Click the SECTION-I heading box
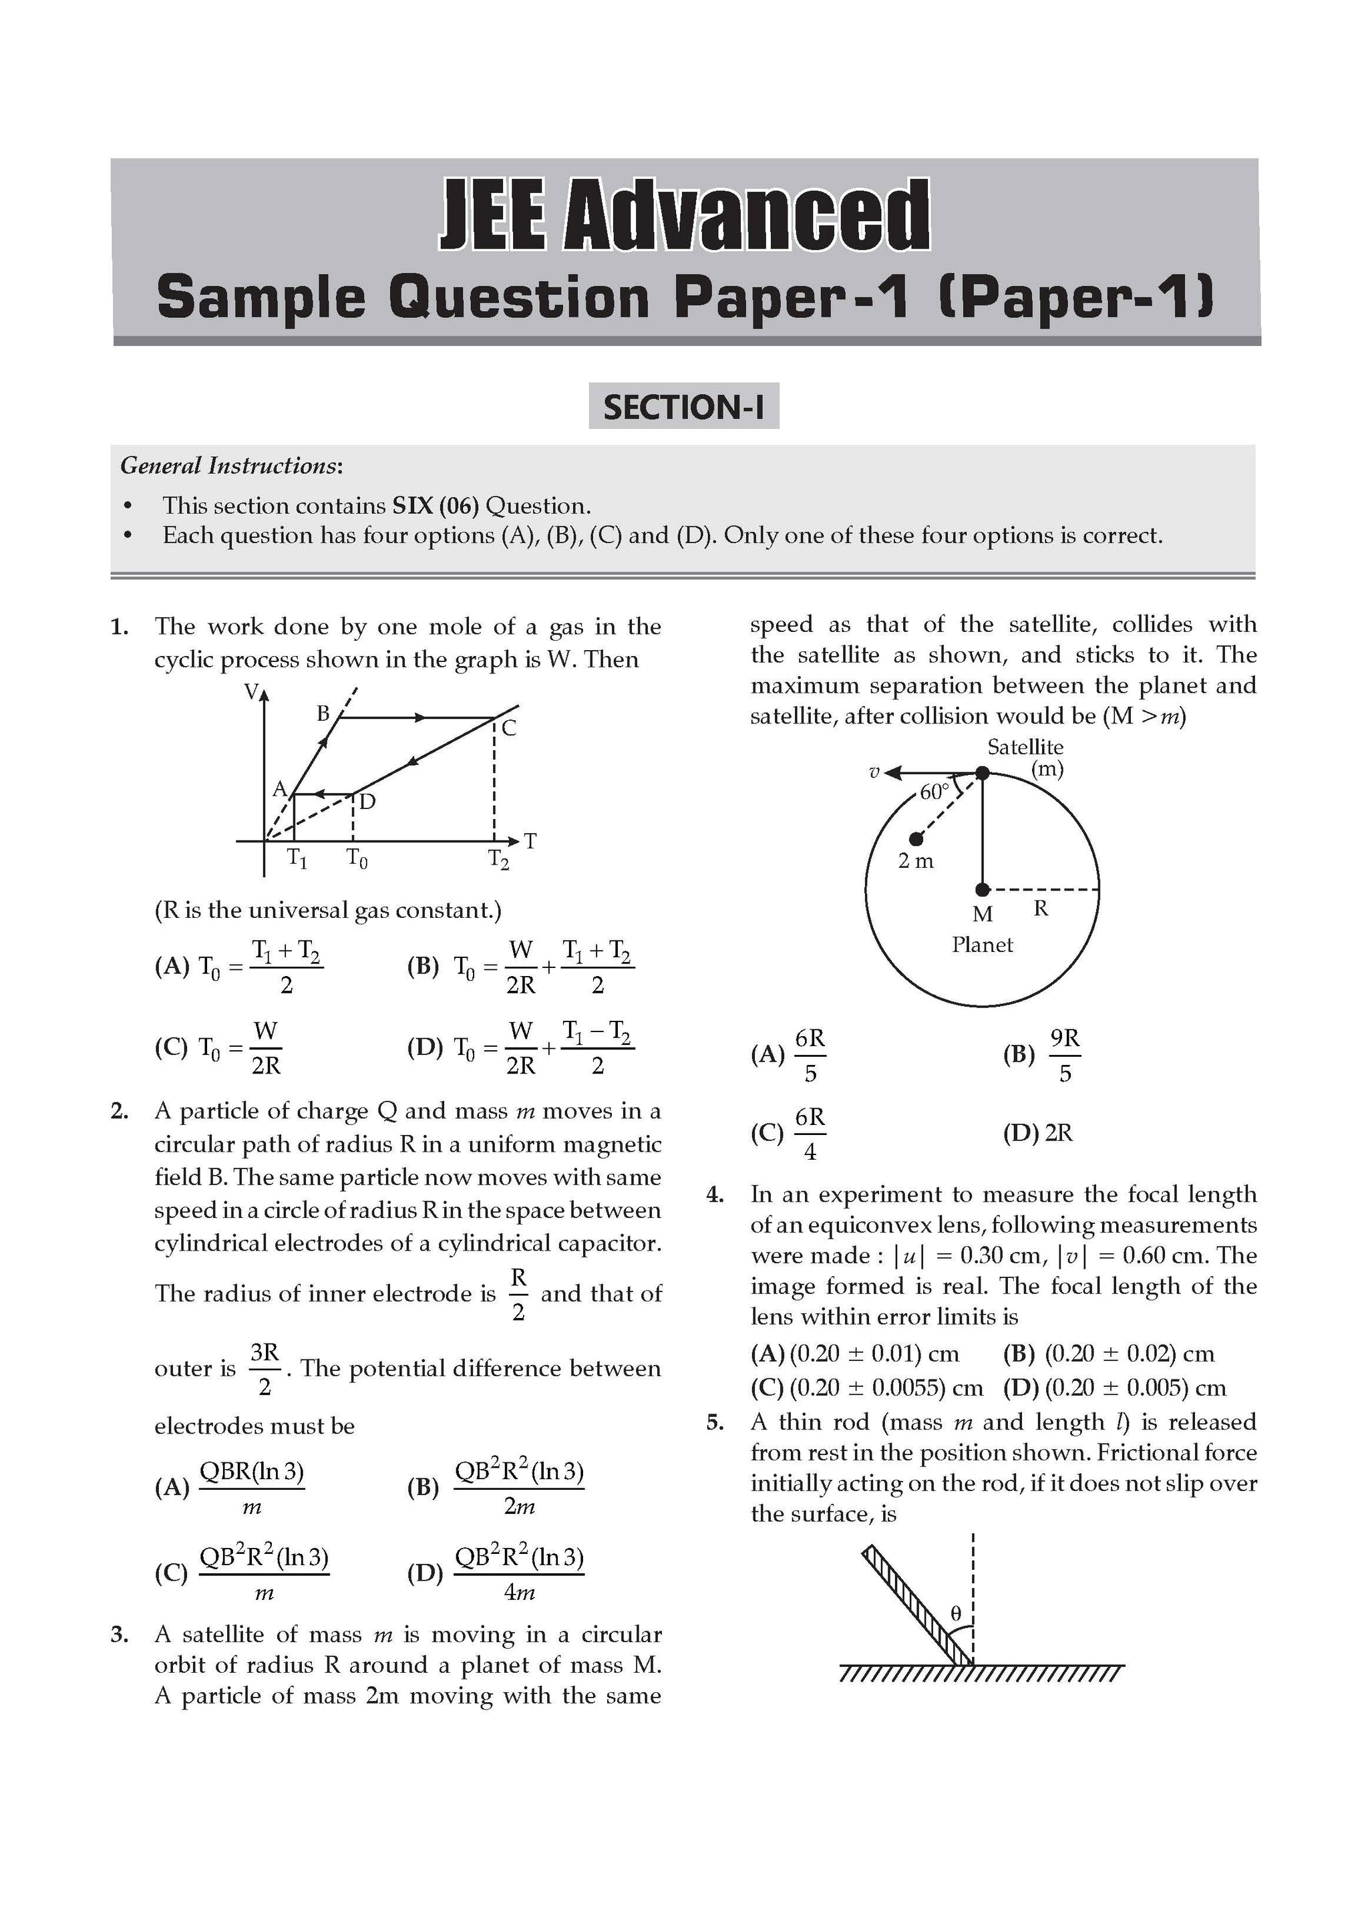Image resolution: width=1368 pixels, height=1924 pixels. pyautogui.click(x=683, y=407)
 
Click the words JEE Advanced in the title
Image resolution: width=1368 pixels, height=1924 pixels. pyautogui.click(x=683, y=215)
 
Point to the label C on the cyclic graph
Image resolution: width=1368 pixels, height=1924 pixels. pyautogui.click(x=509, y=729)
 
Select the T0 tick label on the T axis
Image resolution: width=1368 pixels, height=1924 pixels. pyautogui.click(x=357, y=858)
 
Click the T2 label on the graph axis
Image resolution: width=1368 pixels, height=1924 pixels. pyautogui.click(x=499, y=859)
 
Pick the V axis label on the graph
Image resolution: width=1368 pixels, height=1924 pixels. pyautogui.click(x=251, y=692)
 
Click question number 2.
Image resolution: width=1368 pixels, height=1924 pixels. pyautogui.click(x=120, y=1111)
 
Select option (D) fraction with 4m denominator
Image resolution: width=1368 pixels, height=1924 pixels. pyautogui.click(x=519, y=1573)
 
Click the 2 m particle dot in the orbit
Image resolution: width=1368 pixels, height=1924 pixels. pyautogui.click(x=916, y=839)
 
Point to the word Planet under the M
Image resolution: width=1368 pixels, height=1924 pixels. pyautogui.click(x=982, y=945)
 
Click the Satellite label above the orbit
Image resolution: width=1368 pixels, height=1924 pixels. pyautogui.click(x=1025, y=747)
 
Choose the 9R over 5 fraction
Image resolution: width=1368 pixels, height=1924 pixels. pyautogui.click(x=1065, y=1055)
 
